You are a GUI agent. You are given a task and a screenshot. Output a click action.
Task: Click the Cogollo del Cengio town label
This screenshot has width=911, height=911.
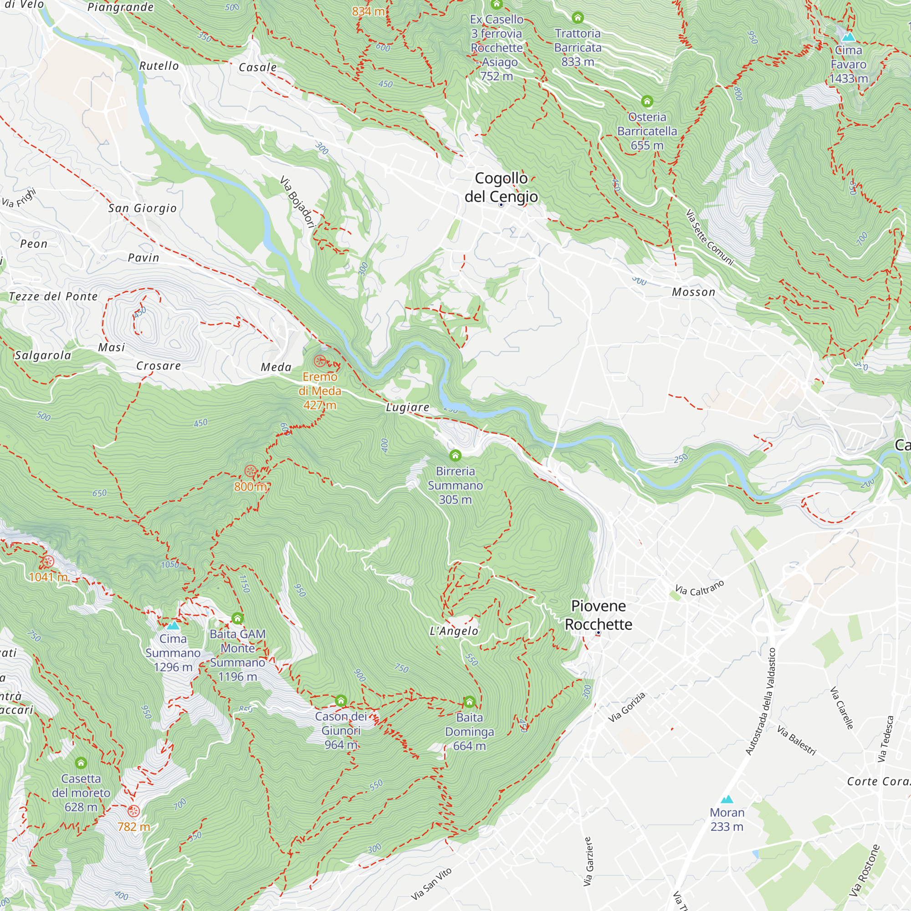tap(501, 187)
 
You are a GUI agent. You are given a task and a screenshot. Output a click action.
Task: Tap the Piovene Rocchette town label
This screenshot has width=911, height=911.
tap(598, 615)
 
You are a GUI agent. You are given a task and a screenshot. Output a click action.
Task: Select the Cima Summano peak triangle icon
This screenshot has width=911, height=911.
tap(173, 626)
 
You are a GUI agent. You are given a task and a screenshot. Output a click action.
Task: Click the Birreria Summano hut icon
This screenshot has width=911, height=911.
tap(455, 455)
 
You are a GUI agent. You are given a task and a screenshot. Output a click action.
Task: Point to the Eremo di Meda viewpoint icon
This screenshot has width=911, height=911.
tap(320, 361)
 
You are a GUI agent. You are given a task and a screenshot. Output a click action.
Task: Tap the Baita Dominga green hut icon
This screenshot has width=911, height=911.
tap(469, 702)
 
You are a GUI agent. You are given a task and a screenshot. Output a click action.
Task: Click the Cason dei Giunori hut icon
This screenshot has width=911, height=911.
tap(341, 701)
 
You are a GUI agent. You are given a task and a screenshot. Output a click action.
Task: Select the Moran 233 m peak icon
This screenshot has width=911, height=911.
tap(727, 799)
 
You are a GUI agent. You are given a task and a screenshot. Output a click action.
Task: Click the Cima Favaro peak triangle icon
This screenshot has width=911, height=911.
tap(848, 36)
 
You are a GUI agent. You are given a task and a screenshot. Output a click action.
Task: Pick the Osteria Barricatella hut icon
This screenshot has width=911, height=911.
tap(647, 101)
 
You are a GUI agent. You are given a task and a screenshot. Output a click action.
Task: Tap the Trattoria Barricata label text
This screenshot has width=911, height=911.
tap(578, 47)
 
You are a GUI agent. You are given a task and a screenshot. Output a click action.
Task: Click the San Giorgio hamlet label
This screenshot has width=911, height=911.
tap(143, 208)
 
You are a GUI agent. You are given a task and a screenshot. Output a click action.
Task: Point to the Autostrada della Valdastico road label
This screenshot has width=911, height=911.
tap(760, 701)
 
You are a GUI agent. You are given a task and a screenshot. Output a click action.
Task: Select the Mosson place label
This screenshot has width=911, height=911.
tap(693, 292)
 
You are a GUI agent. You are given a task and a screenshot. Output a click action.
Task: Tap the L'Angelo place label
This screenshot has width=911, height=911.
tap(454, 631)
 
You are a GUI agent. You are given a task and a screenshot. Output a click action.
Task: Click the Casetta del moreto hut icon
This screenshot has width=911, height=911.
tap(81, 763)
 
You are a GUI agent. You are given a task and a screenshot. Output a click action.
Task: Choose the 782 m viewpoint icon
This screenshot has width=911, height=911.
tap(133, 811)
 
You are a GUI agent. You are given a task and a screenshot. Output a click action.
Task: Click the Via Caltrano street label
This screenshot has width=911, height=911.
tap(699, 588)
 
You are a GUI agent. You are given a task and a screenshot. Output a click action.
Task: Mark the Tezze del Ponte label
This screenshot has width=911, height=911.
tap(53, 296)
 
